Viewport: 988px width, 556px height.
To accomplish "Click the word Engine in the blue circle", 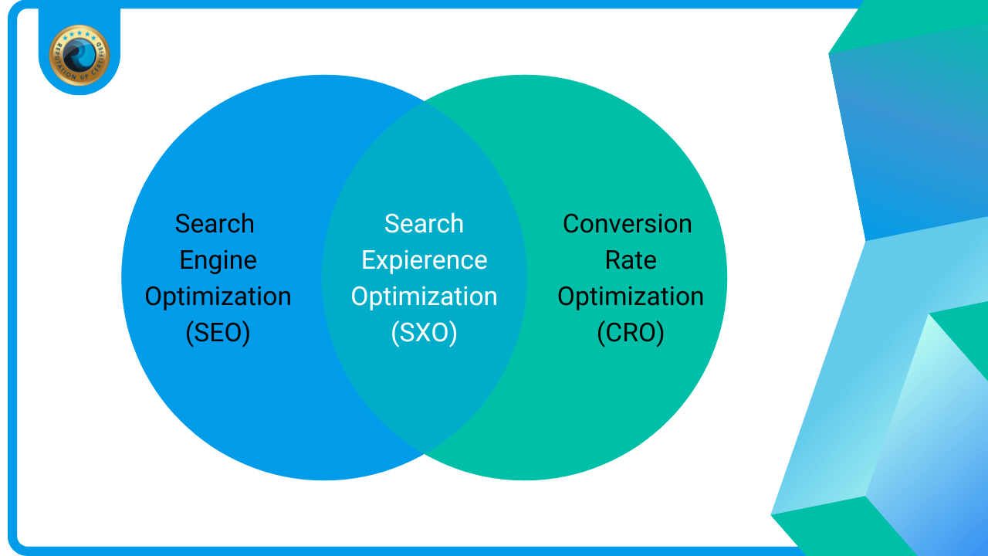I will tap(218, 260).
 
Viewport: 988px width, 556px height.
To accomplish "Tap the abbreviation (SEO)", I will tap(218, 333).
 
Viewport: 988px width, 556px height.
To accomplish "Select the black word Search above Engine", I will tap(215, 224).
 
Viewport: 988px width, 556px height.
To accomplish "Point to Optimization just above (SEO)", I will tap(218, 297).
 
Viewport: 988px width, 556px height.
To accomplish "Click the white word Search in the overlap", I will tap(424, 224).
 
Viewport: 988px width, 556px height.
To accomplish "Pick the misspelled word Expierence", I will tap(424, 260).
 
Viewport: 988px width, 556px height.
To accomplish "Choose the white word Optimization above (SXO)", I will tap(424, 297).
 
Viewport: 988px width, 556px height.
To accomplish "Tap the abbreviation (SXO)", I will tap(424, 333).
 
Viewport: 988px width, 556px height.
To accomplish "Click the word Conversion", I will tap(627, 224).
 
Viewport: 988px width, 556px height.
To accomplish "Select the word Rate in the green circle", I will tap(631, 260).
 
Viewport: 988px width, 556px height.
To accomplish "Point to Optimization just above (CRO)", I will tap(631, 297).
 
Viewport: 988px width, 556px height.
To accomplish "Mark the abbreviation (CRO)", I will tap(631, 333).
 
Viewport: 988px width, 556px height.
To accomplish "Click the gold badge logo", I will tap(79, 54).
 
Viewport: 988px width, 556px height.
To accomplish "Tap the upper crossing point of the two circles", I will tap(425, 102).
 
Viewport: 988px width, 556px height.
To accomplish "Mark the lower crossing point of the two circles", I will tap(425, 453).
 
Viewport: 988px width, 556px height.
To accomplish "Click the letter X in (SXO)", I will tap(424, 333).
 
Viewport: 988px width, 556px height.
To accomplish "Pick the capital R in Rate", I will tap(612, 260).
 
